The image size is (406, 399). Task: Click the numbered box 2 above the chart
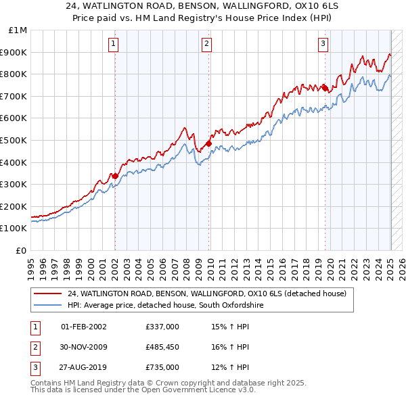click(x=206, y=44)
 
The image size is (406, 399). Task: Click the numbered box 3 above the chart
click(x=323, y=44)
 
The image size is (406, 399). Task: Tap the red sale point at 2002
click(x=115, y=176)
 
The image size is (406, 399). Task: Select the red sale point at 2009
click(x=209, y=143)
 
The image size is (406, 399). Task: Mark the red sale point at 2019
click(x=325, y=88)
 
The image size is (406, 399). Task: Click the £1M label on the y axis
click(x=18, y=30)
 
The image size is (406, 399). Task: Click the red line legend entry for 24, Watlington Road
click(x=206, y=294)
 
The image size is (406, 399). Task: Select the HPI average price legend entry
click(x=164, y=306)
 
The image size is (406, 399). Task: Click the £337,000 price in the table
click(x=162, y=327)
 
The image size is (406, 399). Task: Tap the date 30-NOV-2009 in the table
click(x=83, y=348)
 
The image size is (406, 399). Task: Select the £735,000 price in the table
click(x=162, y=368)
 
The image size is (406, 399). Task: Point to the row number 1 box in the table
click(x=35, y=327)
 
